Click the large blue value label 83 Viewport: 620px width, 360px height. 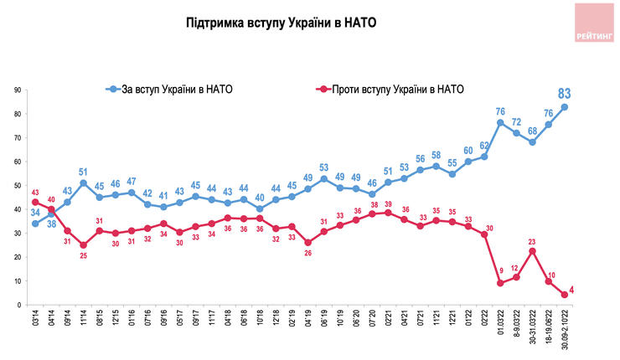click(566, 93)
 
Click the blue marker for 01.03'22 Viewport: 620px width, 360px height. click(500, 123)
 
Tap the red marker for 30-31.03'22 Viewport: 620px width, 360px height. click(532, 250)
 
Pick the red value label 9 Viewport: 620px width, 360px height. click(500, 270)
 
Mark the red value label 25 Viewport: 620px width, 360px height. click(84, 256)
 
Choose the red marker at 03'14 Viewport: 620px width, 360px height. click(36, 202)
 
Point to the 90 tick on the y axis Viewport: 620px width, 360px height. click(17, 90)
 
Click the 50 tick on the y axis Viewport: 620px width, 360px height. click(17, 185)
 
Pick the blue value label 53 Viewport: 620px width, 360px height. click(324, 167)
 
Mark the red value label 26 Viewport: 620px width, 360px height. click(307, 255)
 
